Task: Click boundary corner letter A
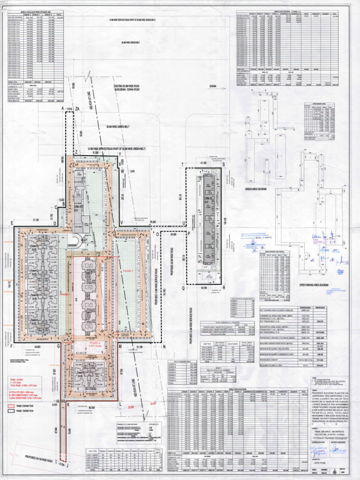click(x=62, y=108)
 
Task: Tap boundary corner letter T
click(x=182, y=164)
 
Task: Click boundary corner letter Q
click(x=183, y=288)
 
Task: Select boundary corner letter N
click(x=164, y=347)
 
